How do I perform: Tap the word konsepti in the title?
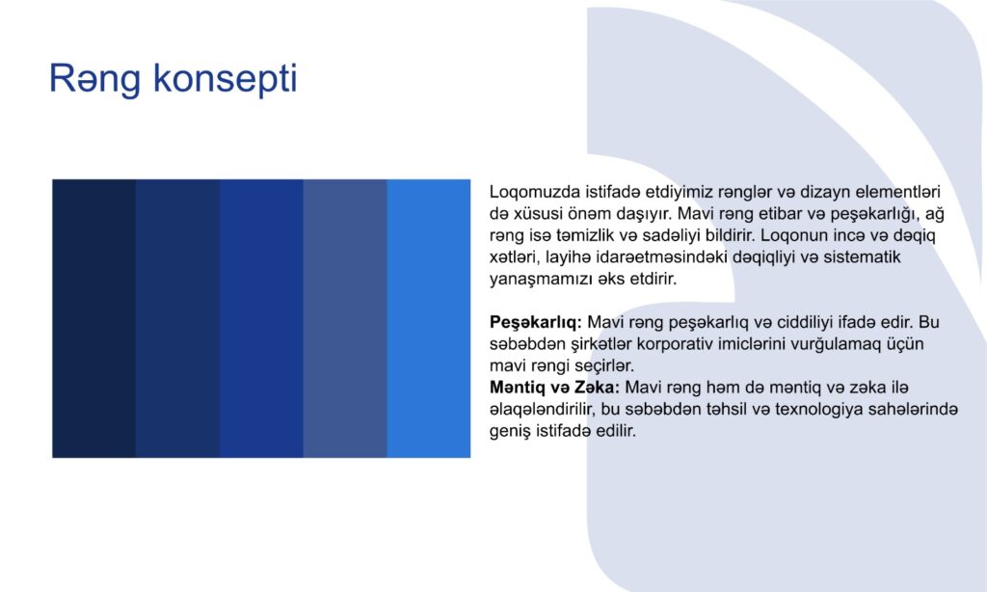click(225, 79)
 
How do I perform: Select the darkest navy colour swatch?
click(93, 319)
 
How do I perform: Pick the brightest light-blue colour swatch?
click(429, 319)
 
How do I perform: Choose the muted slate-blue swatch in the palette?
click(345, 319)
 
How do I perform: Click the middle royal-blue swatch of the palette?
click(261, 319)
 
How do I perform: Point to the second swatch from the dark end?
click(177, 319)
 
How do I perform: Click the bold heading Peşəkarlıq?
click(536, 322)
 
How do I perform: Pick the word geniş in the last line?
click(510, 431)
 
